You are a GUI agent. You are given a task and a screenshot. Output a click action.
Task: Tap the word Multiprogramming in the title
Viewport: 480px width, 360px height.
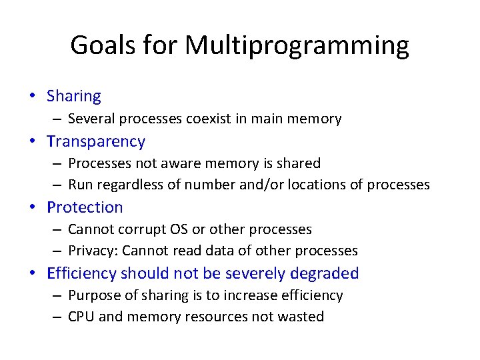[x=297, y=45]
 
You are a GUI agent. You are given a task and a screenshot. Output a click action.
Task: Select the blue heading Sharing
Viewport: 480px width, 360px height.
[x=73, y=96]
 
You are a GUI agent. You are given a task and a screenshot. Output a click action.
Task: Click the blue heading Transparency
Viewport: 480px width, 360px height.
[x=95, y=141]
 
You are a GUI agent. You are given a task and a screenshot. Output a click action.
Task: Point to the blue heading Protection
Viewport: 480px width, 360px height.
[x=85, y=207]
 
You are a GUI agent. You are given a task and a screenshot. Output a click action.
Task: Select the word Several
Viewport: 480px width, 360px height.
[x=91, y=119]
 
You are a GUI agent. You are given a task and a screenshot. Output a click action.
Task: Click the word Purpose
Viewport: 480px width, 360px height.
[x=93, y=295]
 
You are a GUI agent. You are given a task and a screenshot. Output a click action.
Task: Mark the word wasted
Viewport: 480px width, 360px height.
[x=301, y=317]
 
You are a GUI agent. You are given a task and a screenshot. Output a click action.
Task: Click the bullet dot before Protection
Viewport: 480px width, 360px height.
[x=33, y=207]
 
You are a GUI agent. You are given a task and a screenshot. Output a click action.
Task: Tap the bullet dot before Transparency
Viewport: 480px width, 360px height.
[x=33, y=141]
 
